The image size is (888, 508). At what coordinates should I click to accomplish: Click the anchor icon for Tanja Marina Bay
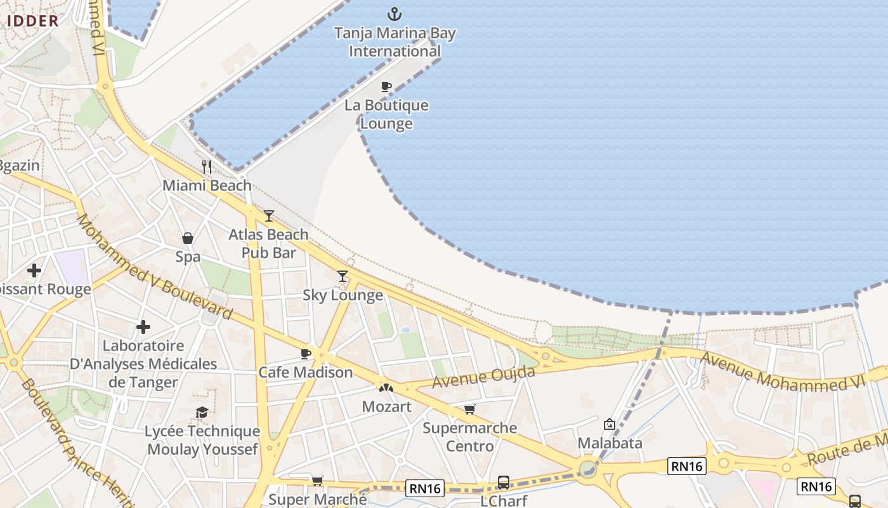(x=395, y=13)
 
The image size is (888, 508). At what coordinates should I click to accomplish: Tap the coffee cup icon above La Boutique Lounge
(x=386, y=86)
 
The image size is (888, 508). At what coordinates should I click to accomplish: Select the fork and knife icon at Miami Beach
(x=207, y=167)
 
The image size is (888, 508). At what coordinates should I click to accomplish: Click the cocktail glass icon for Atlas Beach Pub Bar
(x=269, y=216)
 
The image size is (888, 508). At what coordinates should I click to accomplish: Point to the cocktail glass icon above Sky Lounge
(x=343, y=276)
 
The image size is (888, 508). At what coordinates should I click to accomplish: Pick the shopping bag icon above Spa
(x=188, y=238)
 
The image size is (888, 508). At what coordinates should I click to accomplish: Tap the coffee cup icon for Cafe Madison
(x=306, y=354)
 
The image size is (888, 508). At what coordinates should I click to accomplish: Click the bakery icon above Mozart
(x=386, y=387)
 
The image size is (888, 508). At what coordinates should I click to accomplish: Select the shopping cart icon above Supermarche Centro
(x=469, y=410)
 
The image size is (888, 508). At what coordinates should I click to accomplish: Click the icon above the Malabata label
(x=610, y=424)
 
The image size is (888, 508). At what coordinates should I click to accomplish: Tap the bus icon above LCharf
(x=503, y=483)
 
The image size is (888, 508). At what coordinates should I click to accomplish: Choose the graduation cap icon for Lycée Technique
(x=202, y=413)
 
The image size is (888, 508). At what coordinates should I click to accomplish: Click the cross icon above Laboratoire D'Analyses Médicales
(x=143, y=327)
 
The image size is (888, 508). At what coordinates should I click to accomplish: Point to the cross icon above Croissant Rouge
(x=34, y=271)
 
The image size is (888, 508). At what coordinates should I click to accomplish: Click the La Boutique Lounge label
(x=386, y=114)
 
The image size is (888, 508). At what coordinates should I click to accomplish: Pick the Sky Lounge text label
(x=343, y=295)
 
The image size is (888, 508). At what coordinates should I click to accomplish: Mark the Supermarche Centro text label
(x=469, y=437)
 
